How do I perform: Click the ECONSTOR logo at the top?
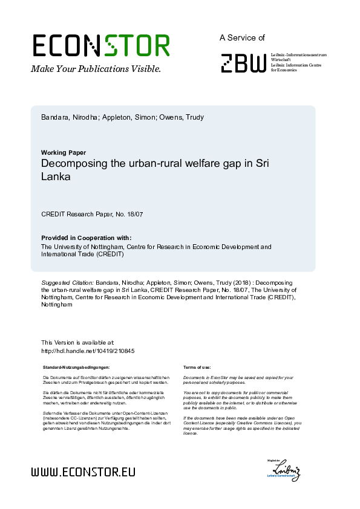click(x=101, y=46)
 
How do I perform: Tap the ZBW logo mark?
click(x=243, y=63)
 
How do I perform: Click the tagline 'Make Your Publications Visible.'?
click(x=96, y=69)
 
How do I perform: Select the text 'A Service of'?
click(x=242, y=37)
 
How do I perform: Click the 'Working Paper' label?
click(x=64, y=152)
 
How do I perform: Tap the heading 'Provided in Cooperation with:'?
click(x=86, y=238)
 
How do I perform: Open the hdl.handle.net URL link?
click(x=87, y=351)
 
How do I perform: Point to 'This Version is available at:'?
click(x=77, y=343)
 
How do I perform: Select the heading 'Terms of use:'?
click(x=197, y=367)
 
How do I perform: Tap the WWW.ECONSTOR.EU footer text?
click(x=83, y=472)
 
